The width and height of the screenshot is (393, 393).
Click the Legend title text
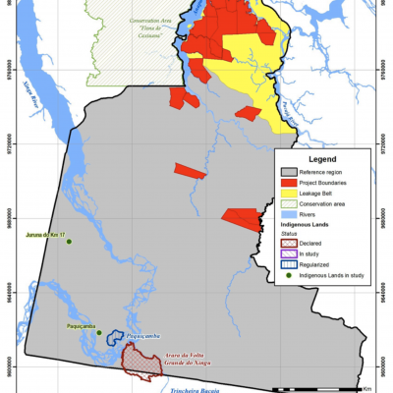coord(322,159)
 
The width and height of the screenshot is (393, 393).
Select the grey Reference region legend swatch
coord(289,172)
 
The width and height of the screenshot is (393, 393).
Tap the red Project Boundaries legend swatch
coord(289,183)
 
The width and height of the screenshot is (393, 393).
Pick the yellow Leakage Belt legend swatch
coord(289,194)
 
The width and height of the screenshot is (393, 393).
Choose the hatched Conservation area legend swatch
coord(289,204)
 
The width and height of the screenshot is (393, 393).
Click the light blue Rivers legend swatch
coord(289,215)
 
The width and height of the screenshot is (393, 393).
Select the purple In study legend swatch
coord(289,253)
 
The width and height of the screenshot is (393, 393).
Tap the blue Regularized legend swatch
coord(289,264)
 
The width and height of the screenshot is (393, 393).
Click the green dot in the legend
coord(289,275)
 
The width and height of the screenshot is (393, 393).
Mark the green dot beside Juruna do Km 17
coord(69,242)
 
